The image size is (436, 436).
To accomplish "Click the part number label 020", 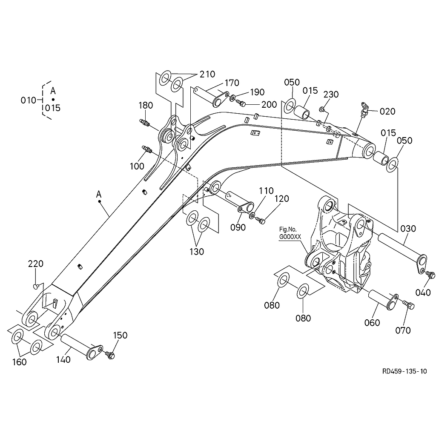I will point(387,112).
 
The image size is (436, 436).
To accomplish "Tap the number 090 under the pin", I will point(238,227).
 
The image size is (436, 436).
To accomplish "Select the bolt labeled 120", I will point(261,221).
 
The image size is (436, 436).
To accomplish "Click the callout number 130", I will point(197,251).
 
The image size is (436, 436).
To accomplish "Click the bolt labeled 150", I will point(111,354).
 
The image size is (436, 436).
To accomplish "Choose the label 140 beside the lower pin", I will point(63,359).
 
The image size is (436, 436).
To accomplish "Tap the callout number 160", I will point(19,362).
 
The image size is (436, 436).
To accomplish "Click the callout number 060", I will point(372,323).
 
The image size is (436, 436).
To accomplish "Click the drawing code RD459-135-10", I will point(404,371).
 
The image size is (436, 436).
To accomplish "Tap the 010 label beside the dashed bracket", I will point(29,100).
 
